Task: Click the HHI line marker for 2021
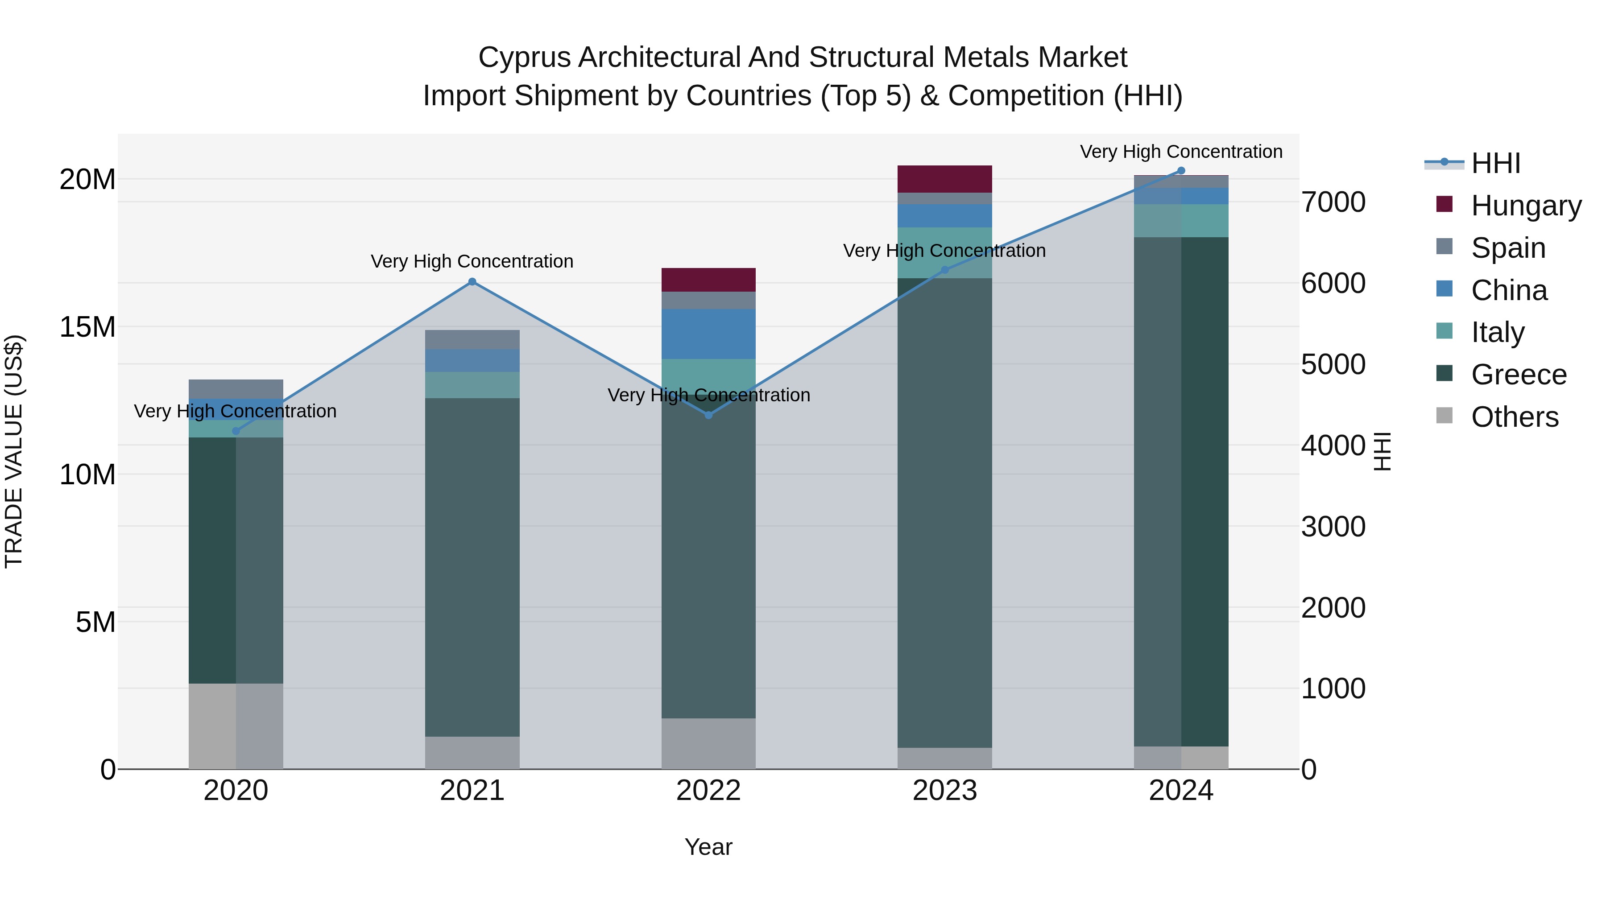point(472,282)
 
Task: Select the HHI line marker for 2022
point(708,415)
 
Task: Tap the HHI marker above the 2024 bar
point(1181,171)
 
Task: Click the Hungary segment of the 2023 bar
point(944,179)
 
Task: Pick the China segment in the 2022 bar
point(708,334)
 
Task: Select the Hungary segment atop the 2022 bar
point(708,280)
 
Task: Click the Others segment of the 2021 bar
point(472,753)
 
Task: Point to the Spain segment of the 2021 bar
point(472,340)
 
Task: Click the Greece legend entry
point(1518,375)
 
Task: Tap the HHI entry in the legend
point(1495,163)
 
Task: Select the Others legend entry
point(1515,417)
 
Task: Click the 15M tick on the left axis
point(87,327)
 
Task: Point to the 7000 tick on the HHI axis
point(1333,202)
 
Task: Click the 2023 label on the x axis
point(944,791)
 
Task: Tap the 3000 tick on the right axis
point(1333,527)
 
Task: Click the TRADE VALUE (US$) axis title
point(14,451)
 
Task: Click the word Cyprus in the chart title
point(524,58)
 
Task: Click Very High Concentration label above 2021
point(472,261)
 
